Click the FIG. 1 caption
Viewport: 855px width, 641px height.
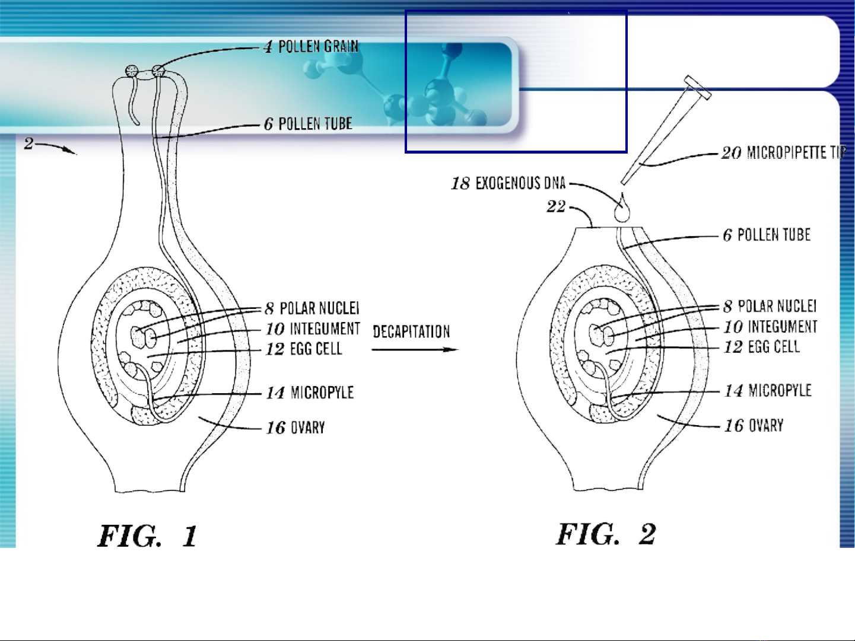point(147,536)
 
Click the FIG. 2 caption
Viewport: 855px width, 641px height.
point(606,534)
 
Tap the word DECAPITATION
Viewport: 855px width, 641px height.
point(411,331)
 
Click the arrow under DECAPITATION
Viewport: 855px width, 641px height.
point(415,350)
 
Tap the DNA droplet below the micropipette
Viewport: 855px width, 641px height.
point(622,210)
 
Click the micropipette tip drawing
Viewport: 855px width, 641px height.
point(665,131)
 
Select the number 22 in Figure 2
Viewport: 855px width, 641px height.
point(556,206)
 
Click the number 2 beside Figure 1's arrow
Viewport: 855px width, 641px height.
point(28,143)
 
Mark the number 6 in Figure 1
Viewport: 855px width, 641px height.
point(269,124)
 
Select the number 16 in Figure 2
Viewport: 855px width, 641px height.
point(734,426)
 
